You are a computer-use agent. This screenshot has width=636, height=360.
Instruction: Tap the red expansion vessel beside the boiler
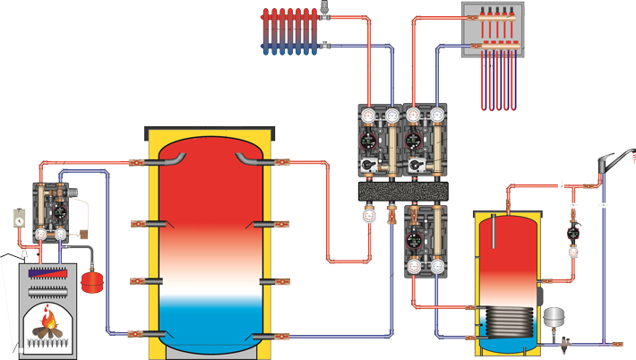(x=91, y=282)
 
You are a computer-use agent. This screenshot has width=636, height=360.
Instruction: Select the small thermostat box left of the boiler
(x=19, y=216)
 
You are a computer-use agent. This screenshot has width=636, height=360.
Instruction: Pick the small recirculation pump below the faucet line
(x=572, y=234)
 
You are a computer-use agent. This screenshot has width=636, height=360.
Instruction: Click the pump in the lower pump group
(x=415, y=241)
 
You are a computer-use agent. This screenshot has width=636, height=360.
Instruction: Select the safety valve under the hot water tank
(x=564, y=340)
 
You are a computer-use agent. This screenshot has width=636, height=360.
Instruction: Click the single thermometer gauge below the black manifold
(x=369, y=215)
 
